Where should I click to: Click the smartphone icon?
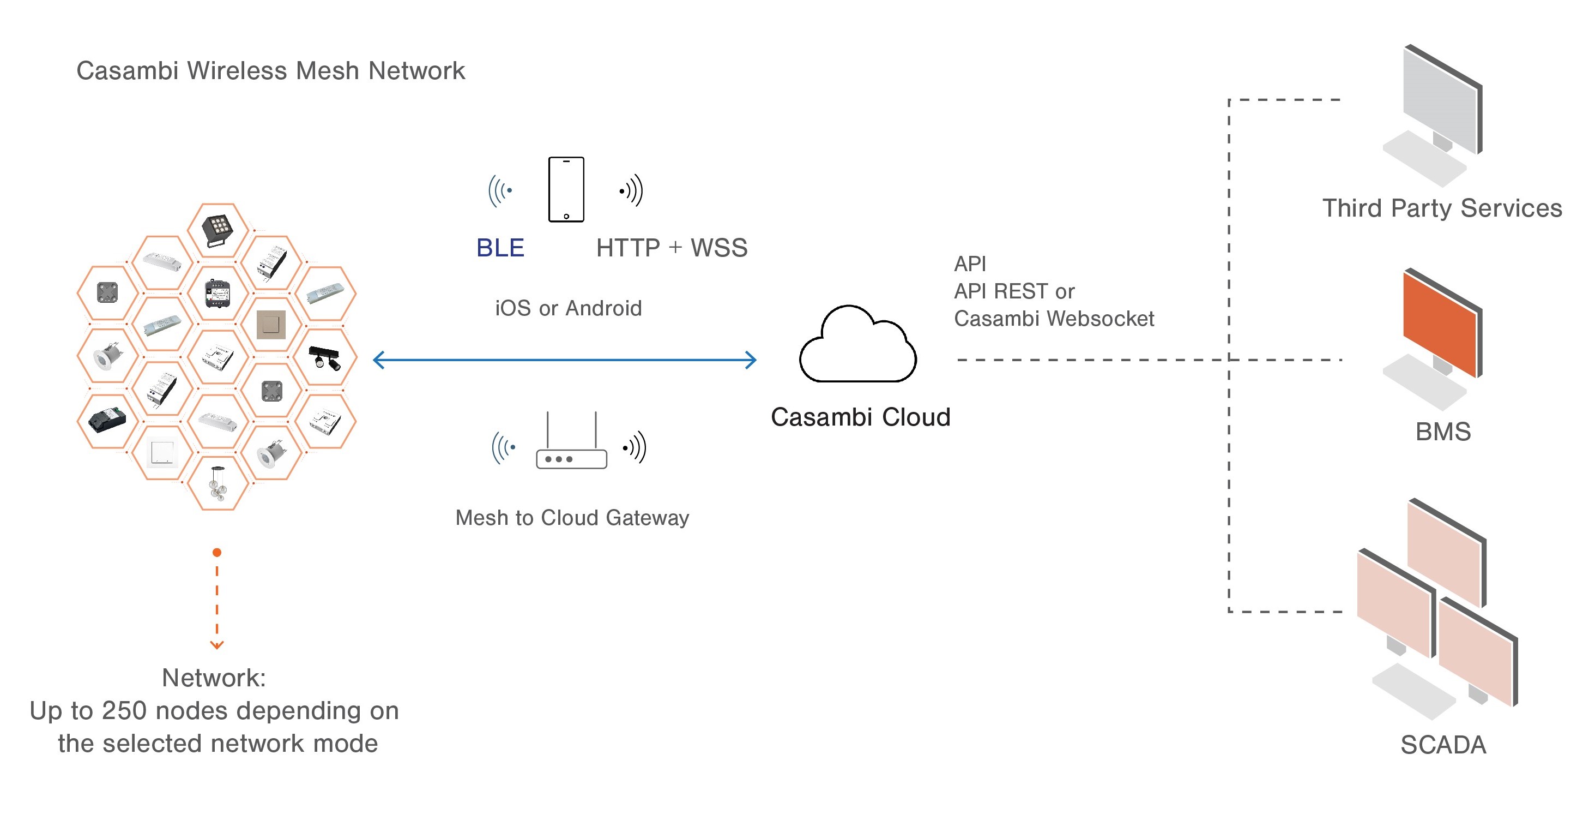[x=566, y=189]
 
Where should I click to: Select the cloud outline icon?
[x=857, y=346]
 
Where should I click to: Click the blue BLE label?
[x=500, y=248]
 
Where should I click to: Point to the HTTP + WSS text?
[x=672, y=248]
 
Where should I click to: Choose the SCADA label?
[x=1443, y=745]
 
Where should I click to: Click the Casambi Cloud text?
[x=860, y=417]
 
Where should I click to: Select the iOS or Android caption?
[x=569, y=308]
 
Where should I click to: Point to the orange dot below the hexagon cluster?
[x=217, y=552]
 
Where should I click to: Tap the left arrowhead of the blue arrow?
[x=378, y=360]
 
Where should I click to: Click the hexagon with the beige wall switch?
[x=271, y=325]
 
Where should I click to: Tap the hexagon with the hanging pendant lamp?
[x=217, y=483]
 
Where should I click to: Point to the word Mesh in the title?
[x=329, y=70]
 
